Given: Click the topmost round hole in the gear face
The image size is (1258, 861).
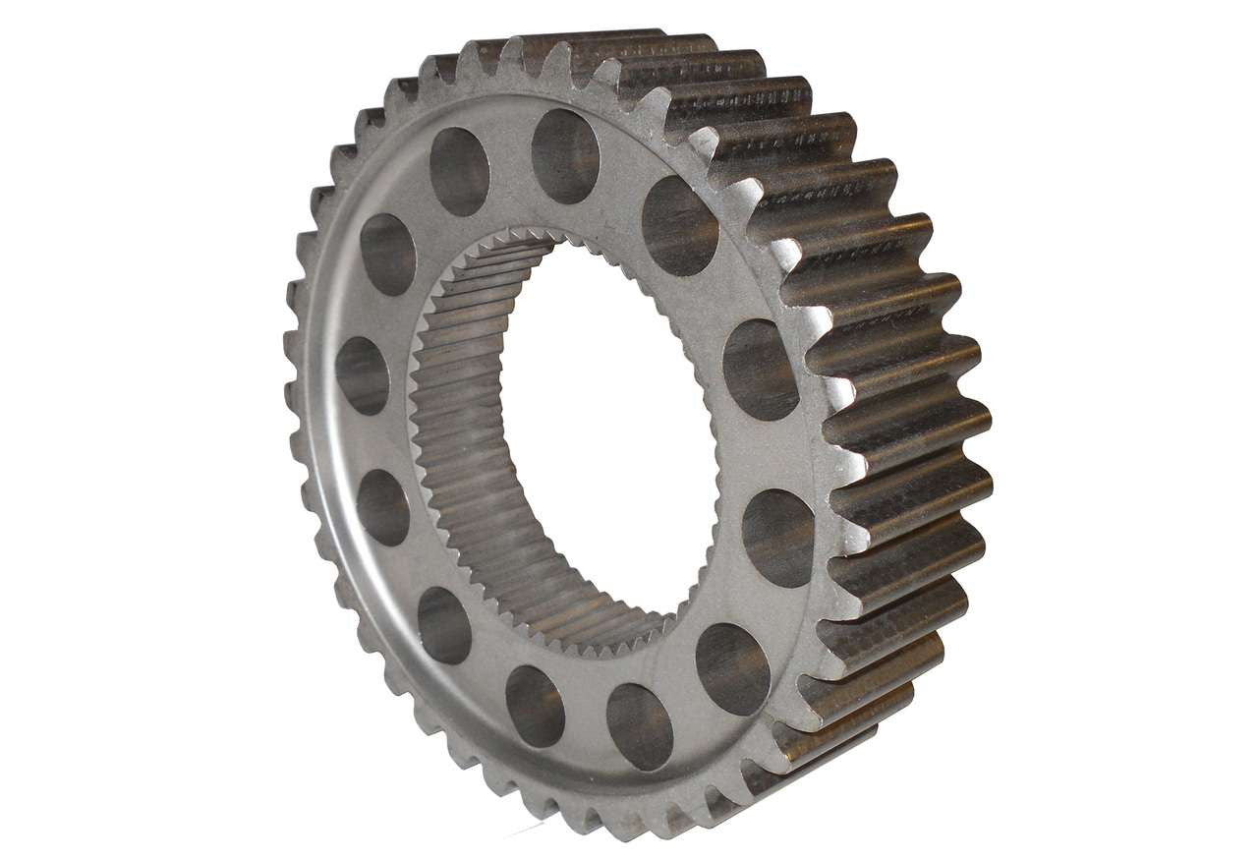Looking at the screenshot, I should [x=565, y=156].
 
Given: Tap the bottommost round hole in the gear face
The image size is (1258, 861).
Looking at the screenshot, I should [x=640, y=726].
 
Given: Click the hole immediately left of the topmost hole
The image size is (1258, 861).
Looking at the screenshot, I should [x=459, y=171].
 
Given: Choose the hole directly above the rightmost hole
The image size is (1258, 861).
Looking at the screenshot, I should [x=761, y=370].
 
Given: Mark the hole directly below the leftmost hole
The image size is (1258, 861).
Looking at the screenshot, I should [x=382, y=507].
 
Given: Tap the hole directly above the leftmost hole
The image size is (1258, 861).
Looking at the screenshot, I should [x=387, y=255].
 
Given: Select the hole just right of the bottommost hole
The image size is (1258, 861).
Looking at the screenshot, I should [x=732, y=668].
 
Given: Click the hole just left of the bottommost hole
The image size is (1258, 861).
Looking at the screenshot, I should [x=535, y=706].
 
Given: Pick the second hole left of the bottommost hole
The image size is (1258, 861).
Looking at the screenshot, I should [x=444, y=625].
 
